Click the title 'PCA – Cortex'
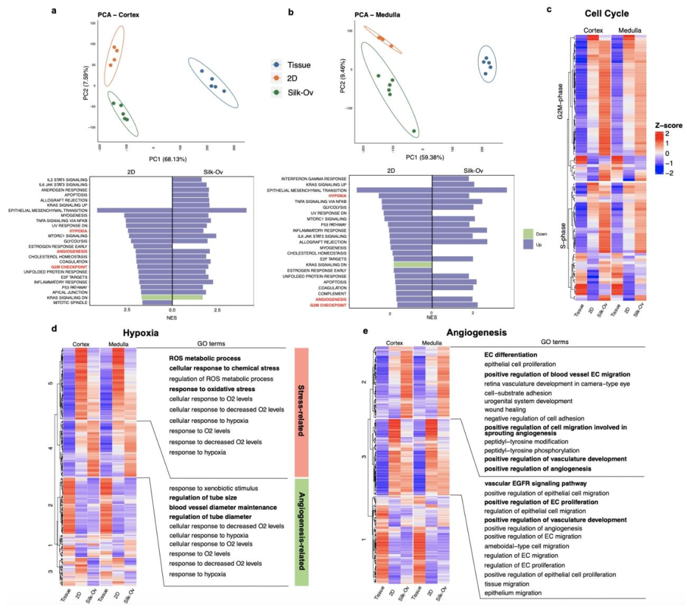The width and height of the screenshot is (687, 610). click(118, 14)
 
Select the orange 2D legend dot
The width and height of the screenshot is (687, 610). click(275, 79)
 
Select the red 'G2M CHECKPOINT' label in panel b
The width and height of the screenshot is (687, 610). click(328, 305)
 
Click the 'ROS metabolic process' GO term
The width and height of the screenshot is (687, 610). click(204, 358)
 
